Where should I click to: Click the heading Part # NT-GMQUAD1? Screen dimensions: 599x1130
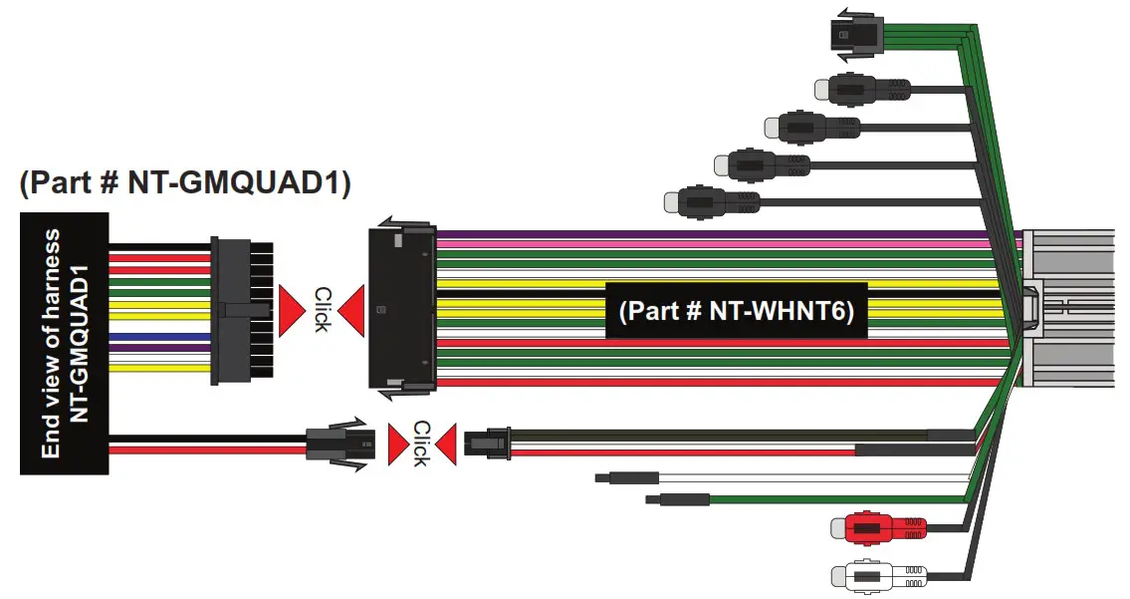[x=184, y=183]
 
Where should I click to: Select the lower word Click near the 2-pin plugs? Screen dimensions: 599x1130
[x=420, y=443]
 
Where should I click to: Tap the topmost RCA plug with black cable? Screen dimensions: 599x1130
[x=861, y=89]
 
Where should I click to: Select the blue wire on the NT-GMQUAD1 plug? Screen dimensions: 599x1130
[x=159, y=338]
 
